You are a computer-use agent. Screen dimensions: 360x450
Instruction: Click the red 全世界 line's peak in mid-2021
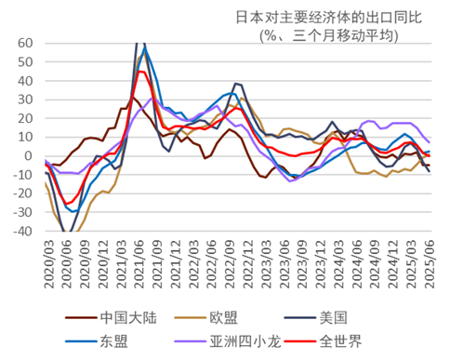click(140, 72)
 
